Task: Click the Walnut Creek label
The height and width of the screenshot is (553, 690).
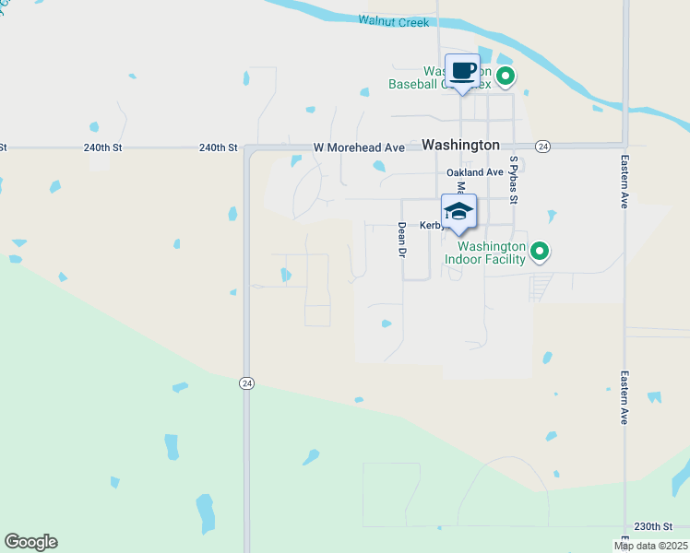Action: click(394, 20)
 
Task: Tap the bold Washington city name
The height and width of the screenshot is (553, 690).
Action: click(460, 145)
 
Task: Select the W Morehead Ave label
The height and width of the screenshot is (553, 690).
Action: click(359, 147)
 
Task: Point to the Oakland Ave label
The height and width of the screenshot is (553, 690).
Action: click(475, 172)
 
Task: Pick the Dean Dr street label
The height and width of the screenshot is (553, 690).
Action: click(401, 238)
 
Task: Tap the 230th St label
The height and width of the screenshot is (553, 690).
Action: click(653, 526)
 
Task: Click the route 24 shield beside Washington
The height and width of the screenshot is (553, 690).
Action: click(543, 147)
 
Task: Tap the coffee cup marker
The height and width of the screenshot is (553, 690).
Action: click(462, 70)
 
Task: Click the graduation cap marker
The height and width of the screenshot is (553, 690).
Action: click(458, 211)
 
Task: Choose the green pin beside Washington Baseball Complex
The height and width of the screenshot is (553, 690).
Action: click(505, 76)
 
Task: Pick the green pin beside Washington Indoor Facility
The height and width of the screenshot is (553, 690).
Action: click(540, 250)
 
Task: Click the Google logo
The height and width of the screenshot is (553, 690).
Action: click(30, 542)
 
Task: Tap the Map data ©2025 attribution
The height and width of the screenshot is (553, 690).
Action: click(650, 546)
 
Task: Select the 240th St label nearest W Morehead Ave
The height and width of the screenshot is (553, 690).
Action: click(218, 147)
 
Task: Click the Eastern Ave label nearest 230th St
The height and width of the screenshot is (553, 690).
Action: click(625, 397)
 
